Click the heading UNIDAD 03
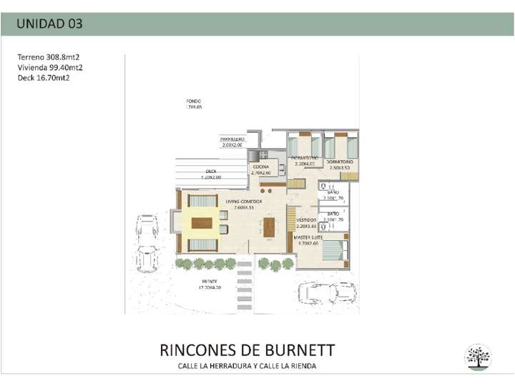tap(49, 24)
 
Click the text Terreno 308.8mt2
tap(49, 56)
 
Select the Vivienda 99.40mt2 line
tap(50, 67)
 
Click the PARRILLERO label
tap(232, 139)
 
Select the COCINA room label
tap(260, 167)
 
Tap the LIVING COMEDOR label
tap(243, 202)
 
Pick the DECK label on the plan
tap(211, 172)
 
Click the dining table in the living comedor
tap(269, 228)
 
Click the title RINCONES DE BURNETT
tap(247, 351)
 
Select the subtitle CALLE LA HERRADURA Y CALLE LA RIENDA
tap(247, 366)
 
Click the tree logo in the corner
tap(477, 357)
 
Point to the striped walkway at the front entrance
tap(245, 275)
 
